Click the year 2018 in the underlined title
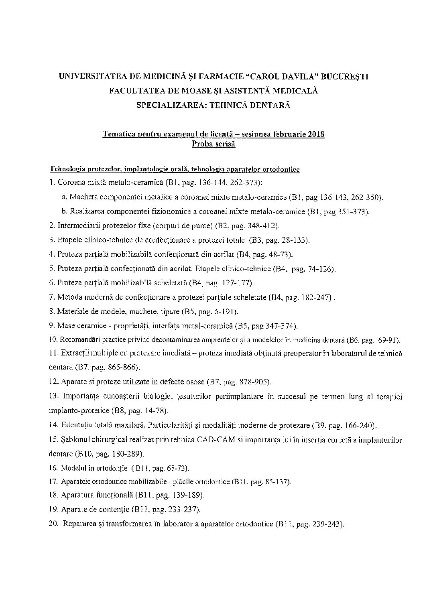pos(317,134)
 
